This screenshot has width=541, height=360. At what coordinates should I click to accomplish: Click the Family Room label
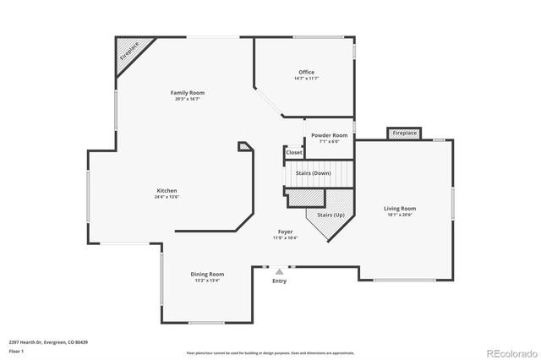187,93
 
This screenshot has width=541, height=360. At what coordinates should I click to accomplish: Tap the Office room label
306,72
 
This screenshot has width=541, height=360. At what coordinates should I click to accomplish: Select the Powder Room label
329,135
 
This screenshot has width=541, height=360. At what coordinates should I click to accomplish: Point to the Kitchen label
167,190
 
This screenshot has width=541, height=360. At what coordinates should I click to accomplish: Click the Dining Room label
206,274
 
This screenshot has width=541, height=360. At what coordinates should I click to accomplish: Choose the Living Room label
400,208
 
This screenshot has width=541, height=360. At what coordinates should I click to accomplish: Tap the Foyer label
286,232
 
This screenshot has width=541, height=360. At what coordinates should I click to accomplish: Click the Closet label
293,152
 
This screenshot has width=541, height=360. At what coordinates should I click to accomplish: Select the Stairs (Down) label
313,173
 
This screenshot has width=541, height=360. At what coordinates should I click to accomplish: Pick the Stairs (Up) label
331,215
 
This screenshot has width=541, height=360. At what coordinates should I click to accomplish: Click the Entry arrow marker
279,272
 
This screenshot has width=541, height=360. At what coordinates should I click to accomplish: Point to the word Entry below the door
279,281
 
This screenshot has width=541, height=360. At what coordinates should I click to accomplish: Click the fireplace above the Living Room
404,133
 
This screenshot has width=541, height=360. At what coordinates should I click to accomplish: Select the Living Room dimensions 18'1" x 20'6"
400,215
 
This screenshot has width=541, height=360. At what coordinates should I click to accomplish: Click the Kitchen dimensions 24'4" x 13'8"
167,197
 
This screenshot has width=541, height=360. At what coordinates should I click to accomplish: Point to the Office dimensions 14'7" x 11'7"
306,79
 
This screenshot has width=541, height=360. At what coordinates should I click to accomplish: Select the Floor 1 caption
16,350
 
